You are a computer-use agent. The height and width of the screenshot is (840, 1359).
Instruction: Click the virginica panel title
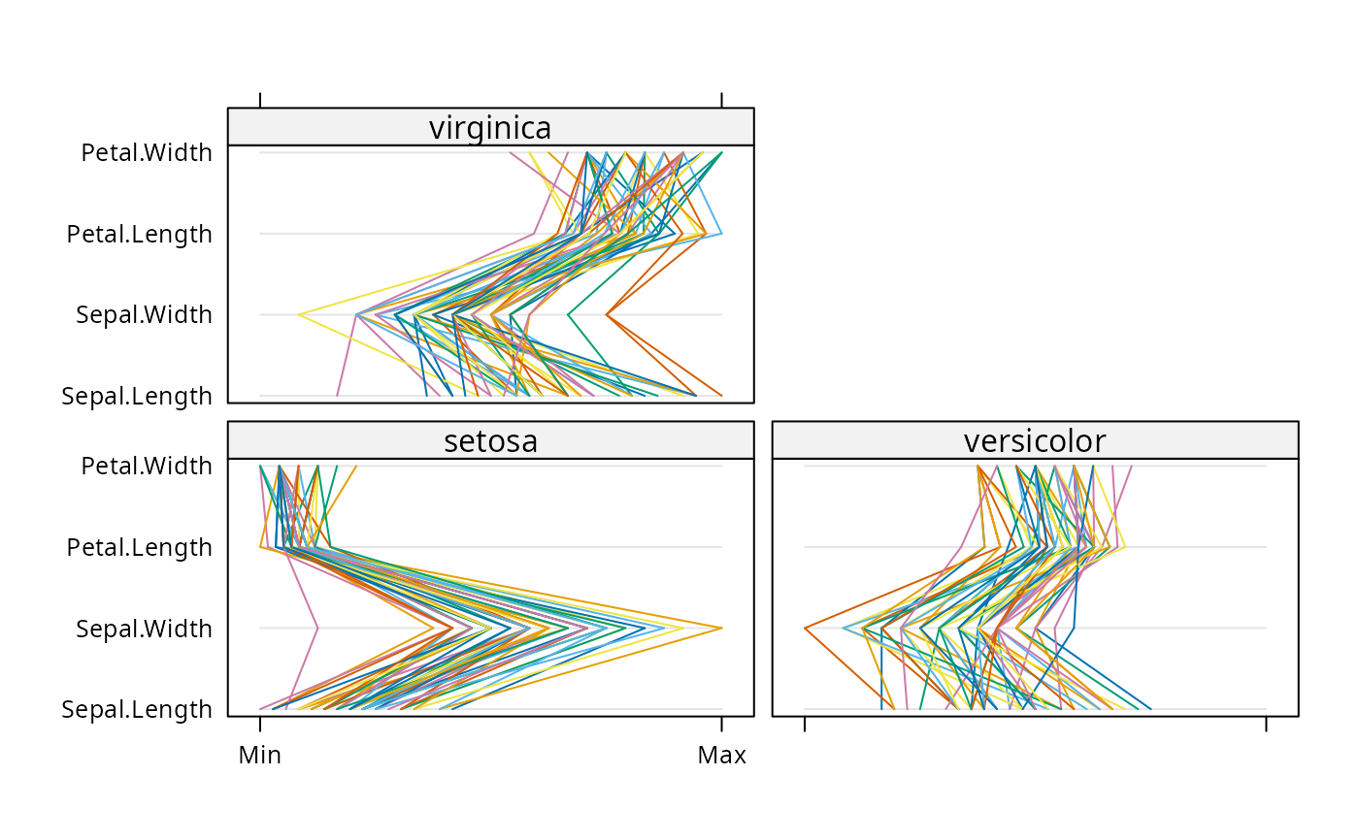[490, 127]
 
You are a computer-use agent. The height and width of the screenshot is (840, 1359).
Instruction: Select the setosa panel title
[490, 440]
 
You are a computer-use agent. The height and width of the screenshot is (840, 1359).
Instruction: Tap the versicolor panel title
[1035, 440]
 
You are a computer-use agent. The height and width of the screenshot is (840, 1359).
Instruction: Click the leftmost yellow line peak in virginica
[299, 314]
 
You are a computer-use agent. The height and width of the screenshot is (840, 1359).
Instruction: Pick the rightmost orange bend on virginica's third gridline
[608, 314]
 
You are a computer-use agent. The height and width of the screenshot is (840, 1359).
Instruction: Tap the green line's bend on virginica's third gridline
[569, 314]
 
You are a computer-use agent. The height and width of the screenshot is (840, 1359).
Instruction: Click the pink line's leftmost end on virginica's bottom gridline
[337, 396]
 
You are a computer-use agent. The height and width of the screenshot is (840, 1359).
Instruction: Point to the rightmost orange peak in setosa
[722, 629]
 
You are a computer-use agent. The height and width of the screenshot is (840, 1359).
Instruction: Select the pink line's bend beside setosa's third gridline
[317, 629]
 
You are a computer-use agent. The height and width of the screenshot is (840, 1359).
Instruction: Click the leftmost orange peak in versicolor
[805, 629]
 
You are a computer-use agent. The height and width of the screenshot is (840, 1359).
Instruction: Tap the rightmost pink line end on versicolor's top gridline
[1131, 467]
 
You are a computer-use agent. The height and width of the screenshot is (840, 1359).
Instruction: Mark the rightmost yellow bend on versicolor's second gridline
[1125, 547]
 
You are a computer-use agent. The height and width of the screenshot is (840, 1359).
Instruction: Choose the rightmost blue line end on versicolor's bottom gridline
[1150, 709]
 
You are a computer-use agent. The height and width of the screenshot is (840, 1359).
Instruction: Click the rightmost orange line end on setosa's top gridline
[355, 467]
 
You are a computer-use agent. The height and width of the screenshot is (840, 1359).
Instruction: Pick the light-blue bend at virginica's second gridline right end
[721, 234]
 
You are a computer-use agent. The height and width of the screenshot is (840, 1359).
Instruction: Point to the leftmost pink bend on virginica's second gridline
[535, 234]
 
